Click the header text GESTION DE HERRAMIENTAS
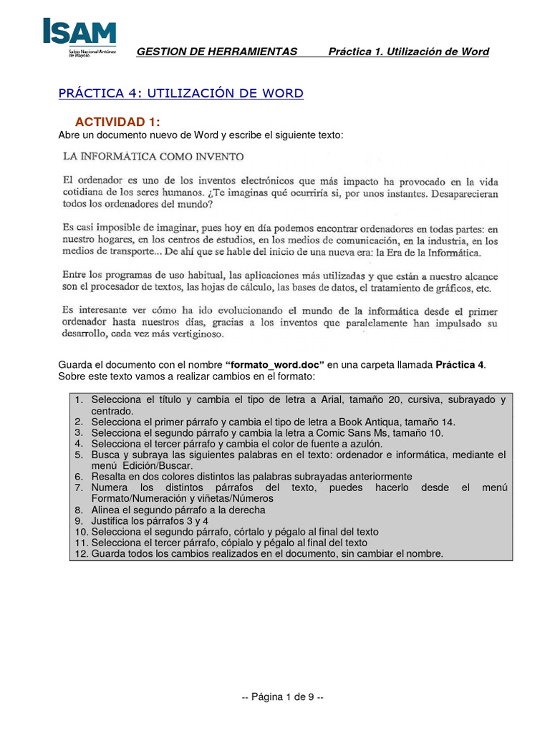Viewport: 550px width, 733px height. pyautogui.click(x=216, y=52)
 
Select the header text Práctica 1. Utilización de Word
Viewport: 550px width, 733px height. pyautogui.click(x=408, y=52)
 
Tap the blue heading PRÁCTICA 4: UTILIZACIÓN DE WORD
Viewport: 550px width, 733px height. pyautogui.click(x=180, y=94)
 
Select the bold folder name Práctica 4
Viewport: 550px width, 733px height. pyautogui.click(x=460, y=365)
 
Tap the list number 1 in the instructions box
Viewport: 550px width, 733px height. pyautogui.click(x=78, y=400)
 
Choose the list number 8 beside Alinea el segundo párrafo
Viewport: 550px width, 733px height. pyautogui.click(x=78, y=510)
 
